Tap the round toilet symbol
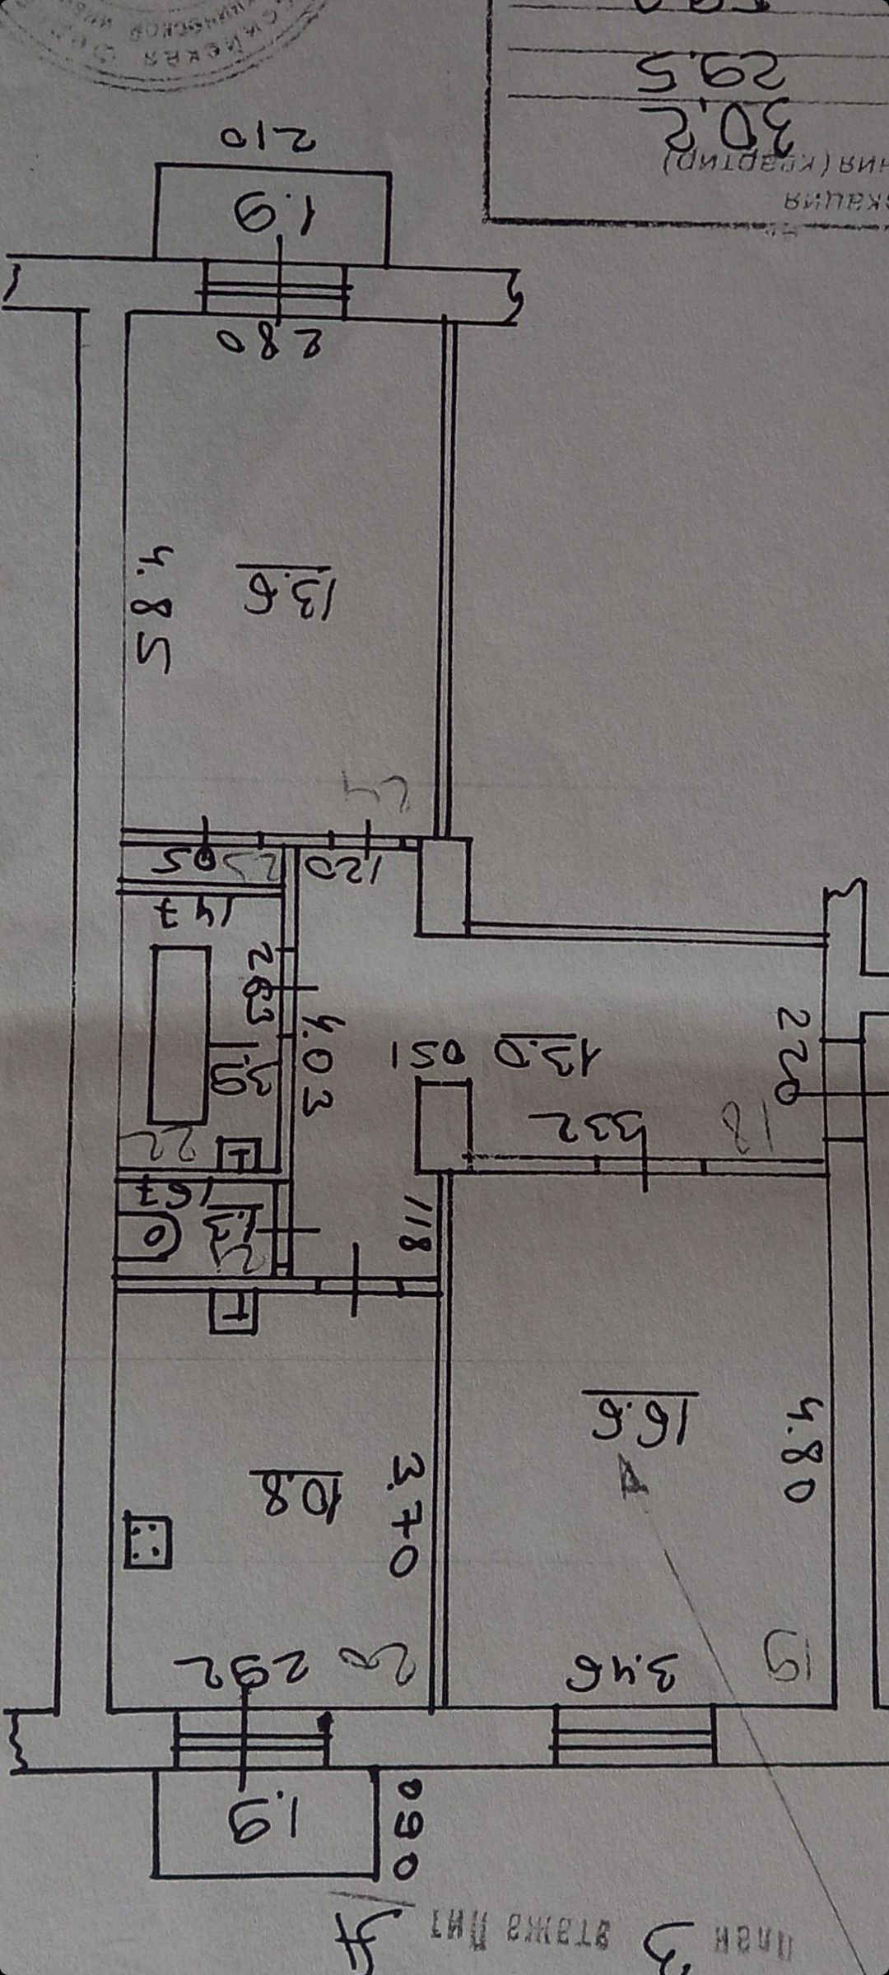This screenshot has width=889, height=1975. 154,1235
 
